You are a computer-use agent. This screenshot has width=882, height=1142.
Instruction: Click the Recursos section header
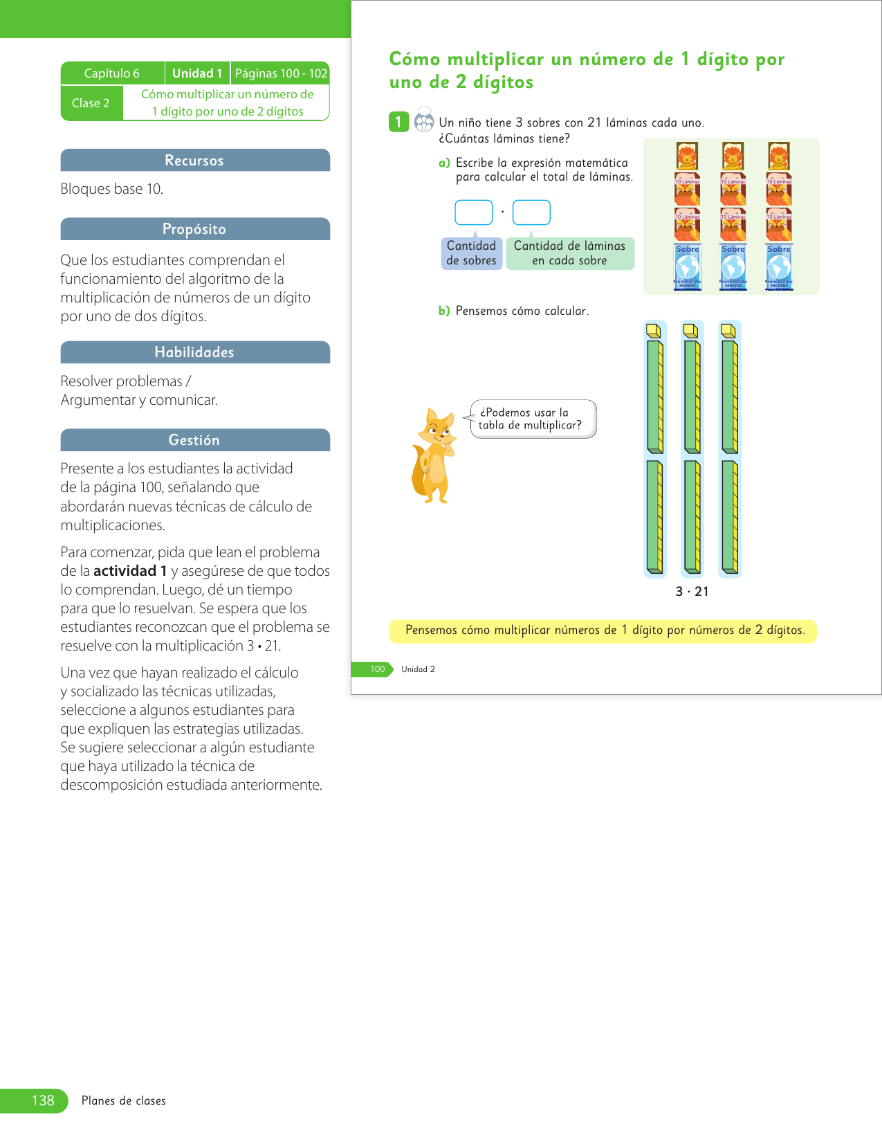coord(194,161)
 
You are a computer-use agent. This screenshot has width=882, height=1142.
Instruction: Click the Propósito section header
coord(194,229)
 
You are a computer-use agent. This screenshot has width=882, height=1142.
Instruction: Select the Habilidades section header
coord(194,352)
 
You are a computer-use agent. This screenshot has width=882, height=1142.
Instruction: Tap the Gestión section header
coord(194,440)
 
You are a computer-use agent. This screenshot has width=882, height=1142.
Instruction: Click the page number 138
coord(42,1100)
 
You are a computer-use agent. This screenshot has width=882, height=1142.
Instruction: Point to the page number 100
coord(377,669)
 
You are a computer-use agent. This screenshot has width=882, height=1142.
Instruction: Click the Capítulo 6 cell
coord(112,73)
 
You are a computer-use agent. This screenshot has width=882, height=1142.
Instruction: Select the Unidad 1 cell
coord(197,73)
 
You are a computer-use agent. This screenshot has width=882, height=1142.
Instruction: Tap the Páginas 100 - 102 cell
coord(281,73)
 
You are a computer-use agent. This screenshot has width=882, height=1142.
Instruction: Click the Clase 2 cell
coord(91,103)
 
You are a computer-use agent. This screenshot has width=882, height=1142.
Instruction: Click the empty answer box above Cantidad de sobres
coord(473,212)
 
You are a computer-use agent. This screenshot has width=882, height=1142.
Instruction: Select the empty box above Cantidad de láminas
coord(531,212)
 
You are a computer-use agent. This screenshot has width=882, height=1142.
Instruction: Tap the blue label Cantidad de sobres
coord(471,253)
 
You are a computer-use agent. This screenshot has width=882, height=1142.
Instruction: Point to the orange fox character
coord(434,456)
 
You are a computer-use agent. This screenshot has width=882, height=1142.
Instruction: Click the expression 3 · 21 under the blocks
coord(692,592)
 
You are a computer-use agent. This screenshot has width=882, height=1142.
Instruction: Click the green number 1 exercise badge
coord(398,123)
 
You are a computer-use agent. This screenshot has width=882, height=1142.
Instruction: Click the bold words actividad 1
coord(130,571)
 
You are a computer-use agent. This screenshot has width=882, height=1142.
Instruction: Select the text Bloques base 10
coord(112,189)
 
